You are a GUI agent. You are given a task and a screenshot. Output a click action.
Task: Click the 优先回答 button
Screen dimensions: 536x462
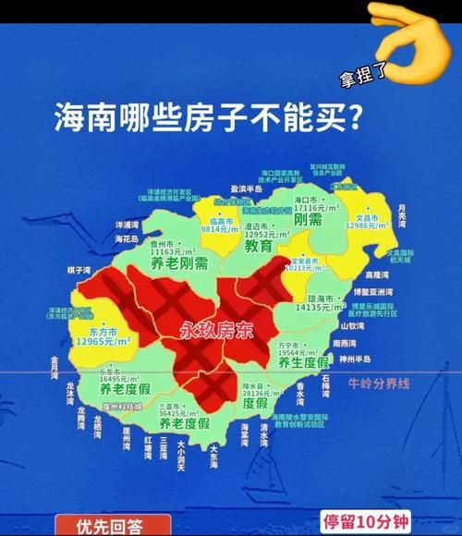(x=110, y=527)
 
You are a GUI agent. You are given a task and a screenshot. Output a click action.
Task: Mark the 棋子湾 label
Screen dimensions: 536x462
(x=78, y=271)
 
